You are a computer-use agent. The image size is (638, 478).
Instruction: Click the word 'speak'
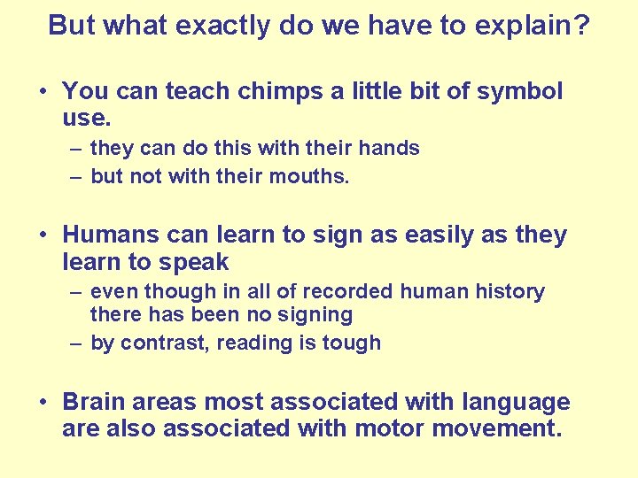195,262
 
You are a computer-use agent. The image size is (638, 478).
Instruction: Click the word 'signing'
315,314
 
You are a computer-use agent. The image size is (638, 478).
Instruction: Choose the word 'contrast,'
162,343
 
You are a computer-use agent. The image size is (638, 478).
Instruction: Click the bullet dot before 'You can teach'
43,92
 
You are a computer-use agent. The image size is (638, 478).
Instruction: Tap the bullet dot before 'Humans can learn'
43,236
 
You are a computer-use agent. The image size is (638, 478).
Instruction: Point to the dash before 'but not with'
78,176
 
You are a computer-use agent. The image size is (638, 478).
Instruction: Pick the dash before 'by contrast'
78,343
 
